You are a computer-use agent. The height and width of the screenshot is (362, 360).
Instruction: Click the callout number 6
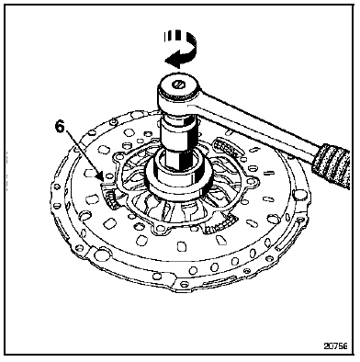pyautogui.click(x=60, y=127)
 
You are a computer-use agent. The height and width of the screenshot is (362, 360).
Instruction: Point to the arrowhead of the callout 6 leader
pyautogui.click(x=101, y=178)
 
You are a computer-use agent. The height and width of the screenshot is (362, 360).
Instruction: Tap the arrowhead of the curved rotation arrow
pyautogui.click(x=169, y=60)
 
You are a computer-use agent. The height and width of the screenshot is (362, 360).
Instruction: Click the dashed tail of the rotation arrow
pyautogui.click(x=172, y=36)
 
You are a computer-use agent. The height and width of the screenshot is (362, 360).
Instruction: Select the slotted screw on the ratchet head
pyautogui.click(x=178, y=83)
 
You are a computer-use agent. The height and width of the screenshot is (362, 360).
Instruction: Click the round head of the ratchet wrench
pyautogui.click(x=178, y=88)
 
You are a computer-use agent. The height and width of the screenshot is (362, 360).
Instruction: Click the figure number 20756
pyautogui.click(x=336, y=346)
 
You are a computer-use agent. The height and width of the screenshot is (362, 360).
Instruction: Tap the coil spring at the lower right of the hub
pyautogui.click(x=221, y=224)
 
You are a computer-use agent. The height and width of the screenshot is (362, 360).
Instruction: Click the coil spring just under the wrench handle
pyautogui.click(x=228, y=148)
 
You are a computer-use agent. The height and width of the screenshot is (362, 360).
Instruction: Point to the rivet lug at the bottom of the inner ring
pyautogui.click(x=163, y=229)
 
